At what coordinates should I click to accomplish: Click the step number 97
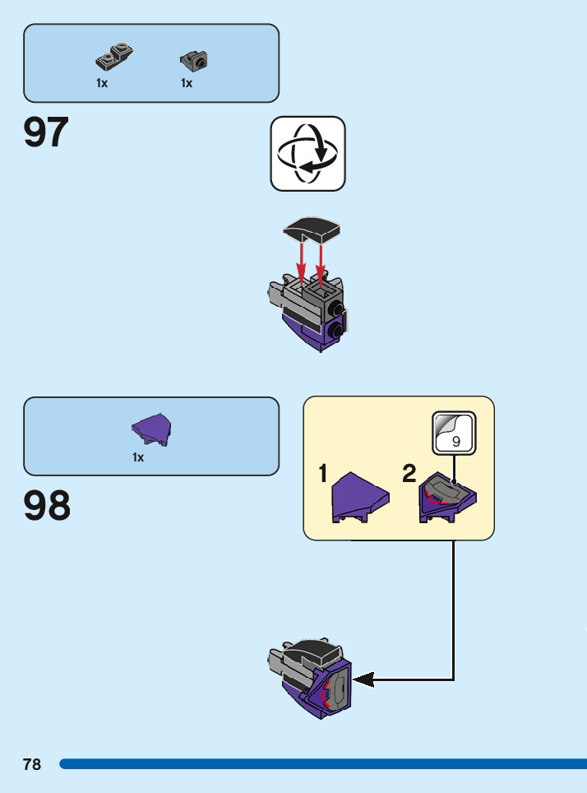pos(46,132)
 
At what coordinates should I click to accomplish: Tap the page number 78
pos(32,764)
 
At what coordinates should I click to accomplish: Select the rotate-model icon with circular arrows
pos(308,154)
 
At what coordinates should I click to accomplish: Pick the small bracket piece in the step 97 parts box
pos(194,59)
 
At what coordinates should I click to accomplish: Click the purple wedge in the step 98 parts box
pos(152,429)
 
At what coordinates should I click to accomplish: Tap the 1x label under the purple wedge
pos(138,457)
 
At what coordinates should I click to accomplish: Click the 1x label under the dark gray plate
pos(102,83)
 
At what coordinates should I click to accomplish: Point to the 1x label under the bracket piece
pos(187,83)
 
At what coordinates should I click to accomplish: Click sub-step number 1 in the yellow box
pos(324,474)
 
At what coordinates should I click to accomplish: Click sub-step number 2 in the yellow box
pos(409,474)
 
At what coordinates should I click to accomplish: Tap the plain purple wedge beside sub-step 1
pos(359,498)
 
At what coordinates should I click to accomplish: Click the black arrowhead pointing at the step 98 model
pos(364,679)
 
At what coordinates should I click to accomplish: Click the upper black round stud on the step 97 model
pos(336,308)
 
